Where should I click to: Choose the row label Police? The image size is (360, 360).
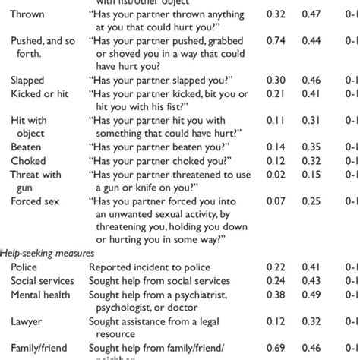tap(24, 267)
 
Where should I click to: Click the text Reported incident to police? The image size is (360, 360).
tap(150, 267)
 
